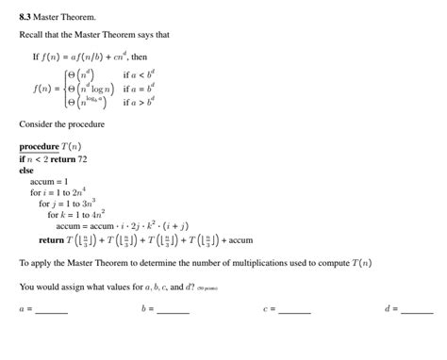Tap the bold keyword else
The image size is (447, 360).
26,170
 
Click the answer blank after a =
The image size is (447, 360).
52,310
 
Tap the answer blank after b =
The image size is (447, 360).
174,310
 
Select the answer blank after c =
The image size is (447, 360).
294,310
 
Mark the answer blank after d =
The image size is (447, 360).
417,310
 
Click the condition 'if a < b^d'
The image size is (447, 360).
142,74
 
